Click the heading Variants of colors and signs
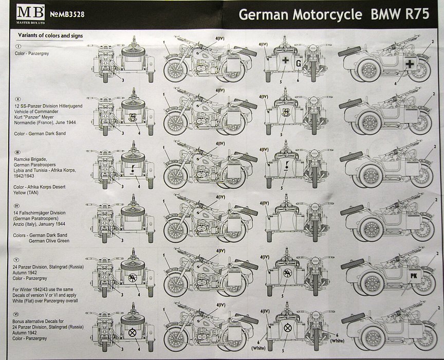click(x=51, y=35)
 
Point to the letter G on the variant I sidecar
click(x=298, y=63)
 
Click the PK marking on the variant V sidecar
click(x=412, y=275)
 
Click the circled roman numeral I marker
click(x=18, y=47)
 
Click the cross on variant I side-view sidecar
click(x=409, y=64)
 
